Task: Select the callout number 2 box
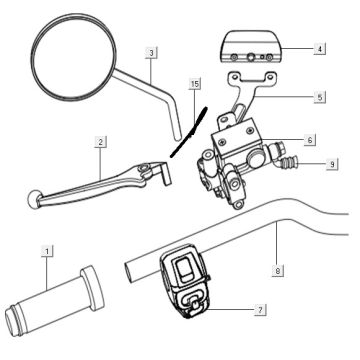[x=101, y=143]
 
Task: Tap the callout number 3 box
[x=150, y=52]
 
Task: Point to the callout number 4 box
[x=318, y=48]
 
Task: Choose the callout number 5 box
[x=318, y=97]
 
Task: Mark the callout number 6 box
[x=311, y=141]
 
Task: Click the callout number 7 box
[x=261, y=310]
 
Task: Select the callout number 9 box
[x=332, y=164]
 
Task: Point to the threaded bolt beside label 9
[x=290, y=159]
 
